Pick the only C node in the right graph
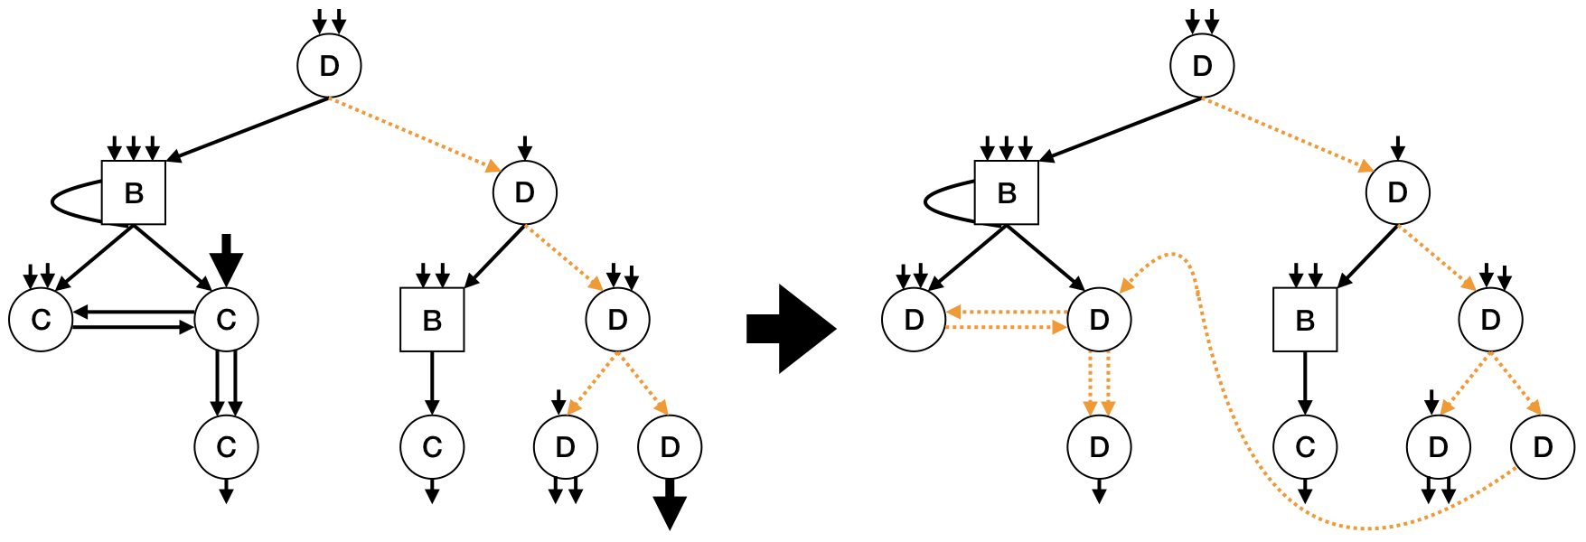point(1304,446)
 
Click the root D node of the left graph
point(330,66)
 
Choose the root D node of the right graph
point(1202,66)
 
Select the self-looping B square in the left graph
point(134,192)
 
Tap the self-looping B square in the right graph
point(1007,192)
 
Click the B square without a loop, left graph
point(432,320)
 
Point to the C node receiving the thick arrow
point(226,319)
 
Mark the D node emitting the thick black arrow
point(670,446)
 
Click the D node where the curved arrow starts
point(1543,446)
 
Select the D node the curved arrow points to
point(1099,319)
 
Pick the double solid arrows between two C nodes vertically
point(226,383)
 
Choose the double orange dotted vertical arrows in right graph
point(1099,383)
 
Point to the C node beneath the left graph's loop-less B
point(432,446)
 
